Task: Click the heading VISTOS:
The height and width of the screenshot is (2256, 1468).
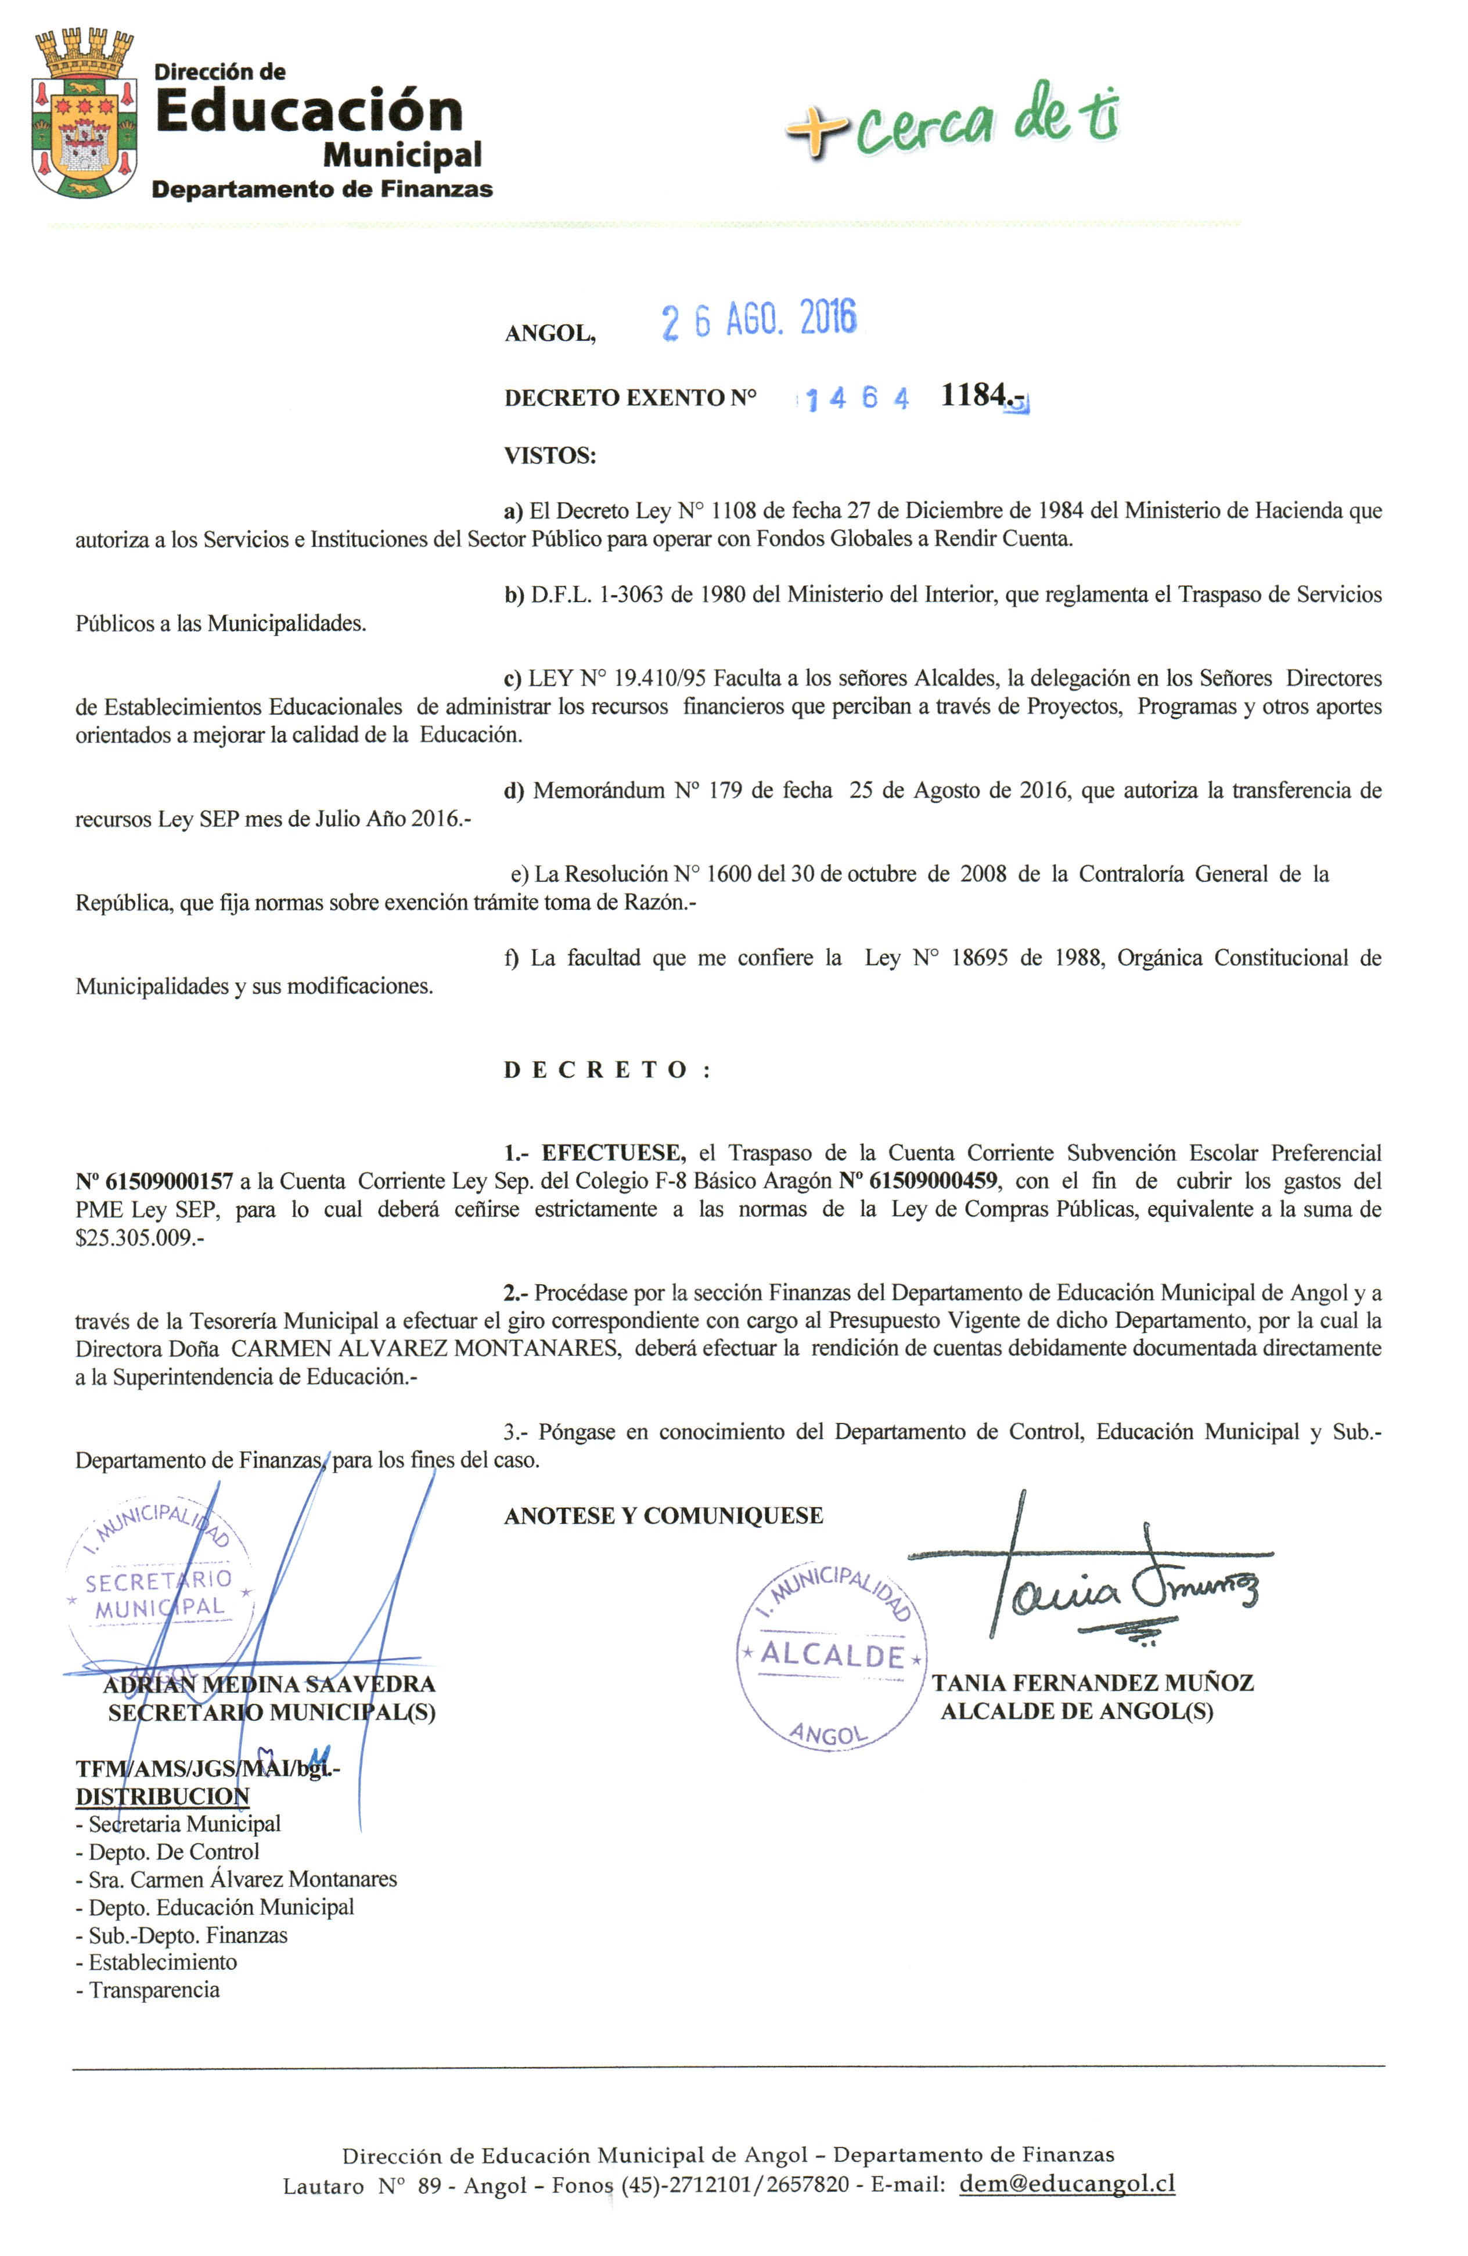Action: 550,456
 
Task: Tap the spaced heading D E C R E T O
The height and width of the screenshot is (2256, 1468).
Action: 607,1070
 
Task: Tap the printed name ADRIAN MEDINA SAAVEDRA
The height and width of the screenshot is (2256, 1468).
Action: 269,1684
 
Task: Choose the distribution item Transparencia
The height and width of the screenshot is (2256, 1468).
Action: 154,1990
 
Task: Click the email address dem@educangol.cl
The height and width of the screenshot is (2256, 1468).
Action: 1067,2184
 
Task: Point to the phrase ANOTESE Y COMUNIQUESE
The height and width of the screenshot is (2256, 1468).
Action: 664,1516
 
